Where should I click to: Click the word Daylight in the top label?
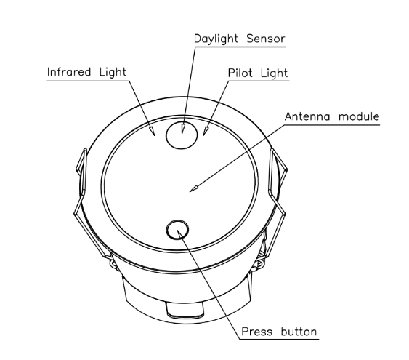click(x=216, y=39)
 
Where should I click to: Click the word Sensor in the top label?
click(x=266, y=39)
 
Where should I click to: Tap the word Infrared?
click(x=69, y=72)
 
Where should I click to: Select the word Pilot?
click(x=240, y=73)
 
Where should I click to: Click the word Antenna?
click(x=307, y=116)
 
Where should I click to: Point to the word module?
click(x=359, y=116)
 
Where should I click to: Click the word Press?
click(x=256, y=332)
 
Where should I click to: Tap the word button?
click(x=299, y=332)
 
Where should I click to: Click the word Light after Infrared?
click(x=113, y=72)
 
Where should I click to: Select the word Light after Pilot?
click(x=274, y=73)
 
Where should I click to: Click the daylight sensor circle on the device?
click(x=182, y=135)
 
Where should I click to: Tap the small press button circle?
click(x=177, y=230)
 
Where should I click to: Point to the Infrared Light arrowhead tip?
click(x=155, y=135)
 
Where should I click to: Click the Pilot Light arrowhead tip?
click(x=203, y=136)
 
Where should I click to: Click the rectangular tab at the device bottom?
click(x=185, y=310)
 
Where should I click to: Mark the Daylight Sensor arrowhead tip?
click(x=182, y=133)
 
